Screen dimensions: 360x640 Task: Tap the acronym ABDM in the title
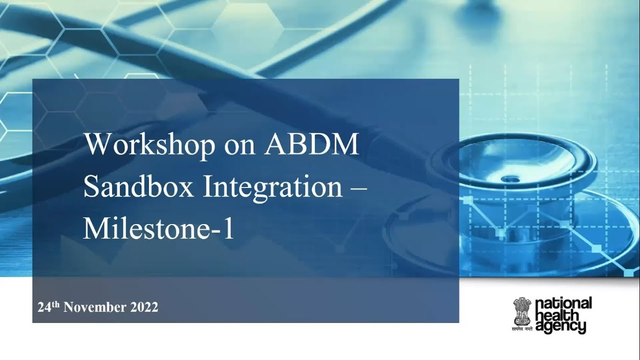click(x=312, y=145)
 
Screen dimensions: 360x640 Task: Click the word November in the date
click(x=95, y=307)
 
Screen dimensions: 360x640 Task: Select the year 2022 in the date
click(x=144, y=307)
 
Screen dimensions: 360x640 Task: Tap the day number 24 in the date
click(x=44, y=307)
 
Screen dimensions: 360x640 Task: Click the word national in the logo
click(x=563, y=303)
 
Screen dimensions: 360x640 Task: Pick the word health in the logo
click(x=556, y=315)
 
